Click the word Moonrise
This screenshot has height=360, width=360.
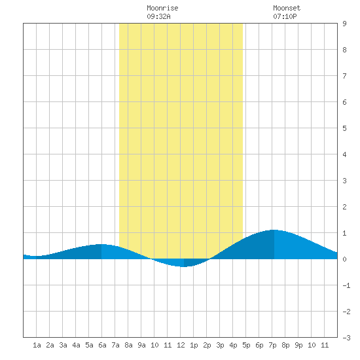(x=162, y=8)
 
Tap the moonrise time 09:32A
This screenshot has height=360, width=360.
(x=158, y=16)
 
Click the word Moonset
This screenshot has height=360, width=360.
(x=287, y=8)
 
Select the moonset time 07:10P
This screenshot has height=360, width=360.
(x=285, y=16)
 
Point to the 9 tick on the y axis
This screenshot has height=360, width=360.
(x=344, y=24)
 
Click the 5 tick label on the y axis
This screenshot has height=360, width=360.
(x=344, y=128)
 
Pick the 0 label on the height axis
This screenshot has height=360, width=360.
(x=344, y=259)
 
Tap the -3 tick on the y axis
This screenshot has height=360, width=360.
(x=346, y=338)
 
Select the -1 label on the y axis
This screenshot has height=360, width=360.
(x=346, y=285)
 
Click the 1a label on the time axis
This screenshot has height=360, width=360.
(x=37, y=345)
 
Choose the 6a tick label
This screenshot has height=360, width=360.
(x=102, y=345)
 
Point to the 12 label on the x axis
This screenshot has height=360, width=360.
(x=181, y=345)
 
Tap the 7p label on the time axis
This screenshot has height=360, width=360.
(x=272, y=345)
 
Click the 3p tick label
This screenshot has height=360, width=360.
(x=220, y=345)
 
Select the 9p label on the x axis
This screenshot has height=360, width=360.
(x=298, y=345)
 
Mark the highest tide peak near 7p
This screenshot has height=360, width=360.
(x=274, y=230)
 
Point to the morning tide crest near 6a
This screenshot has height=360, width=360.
(x=101, y=244)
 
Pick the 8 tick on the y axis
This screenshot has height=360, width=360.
(x=344, y=50)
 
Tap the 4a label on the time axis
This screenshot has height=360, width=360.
(x=76, y=345)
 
